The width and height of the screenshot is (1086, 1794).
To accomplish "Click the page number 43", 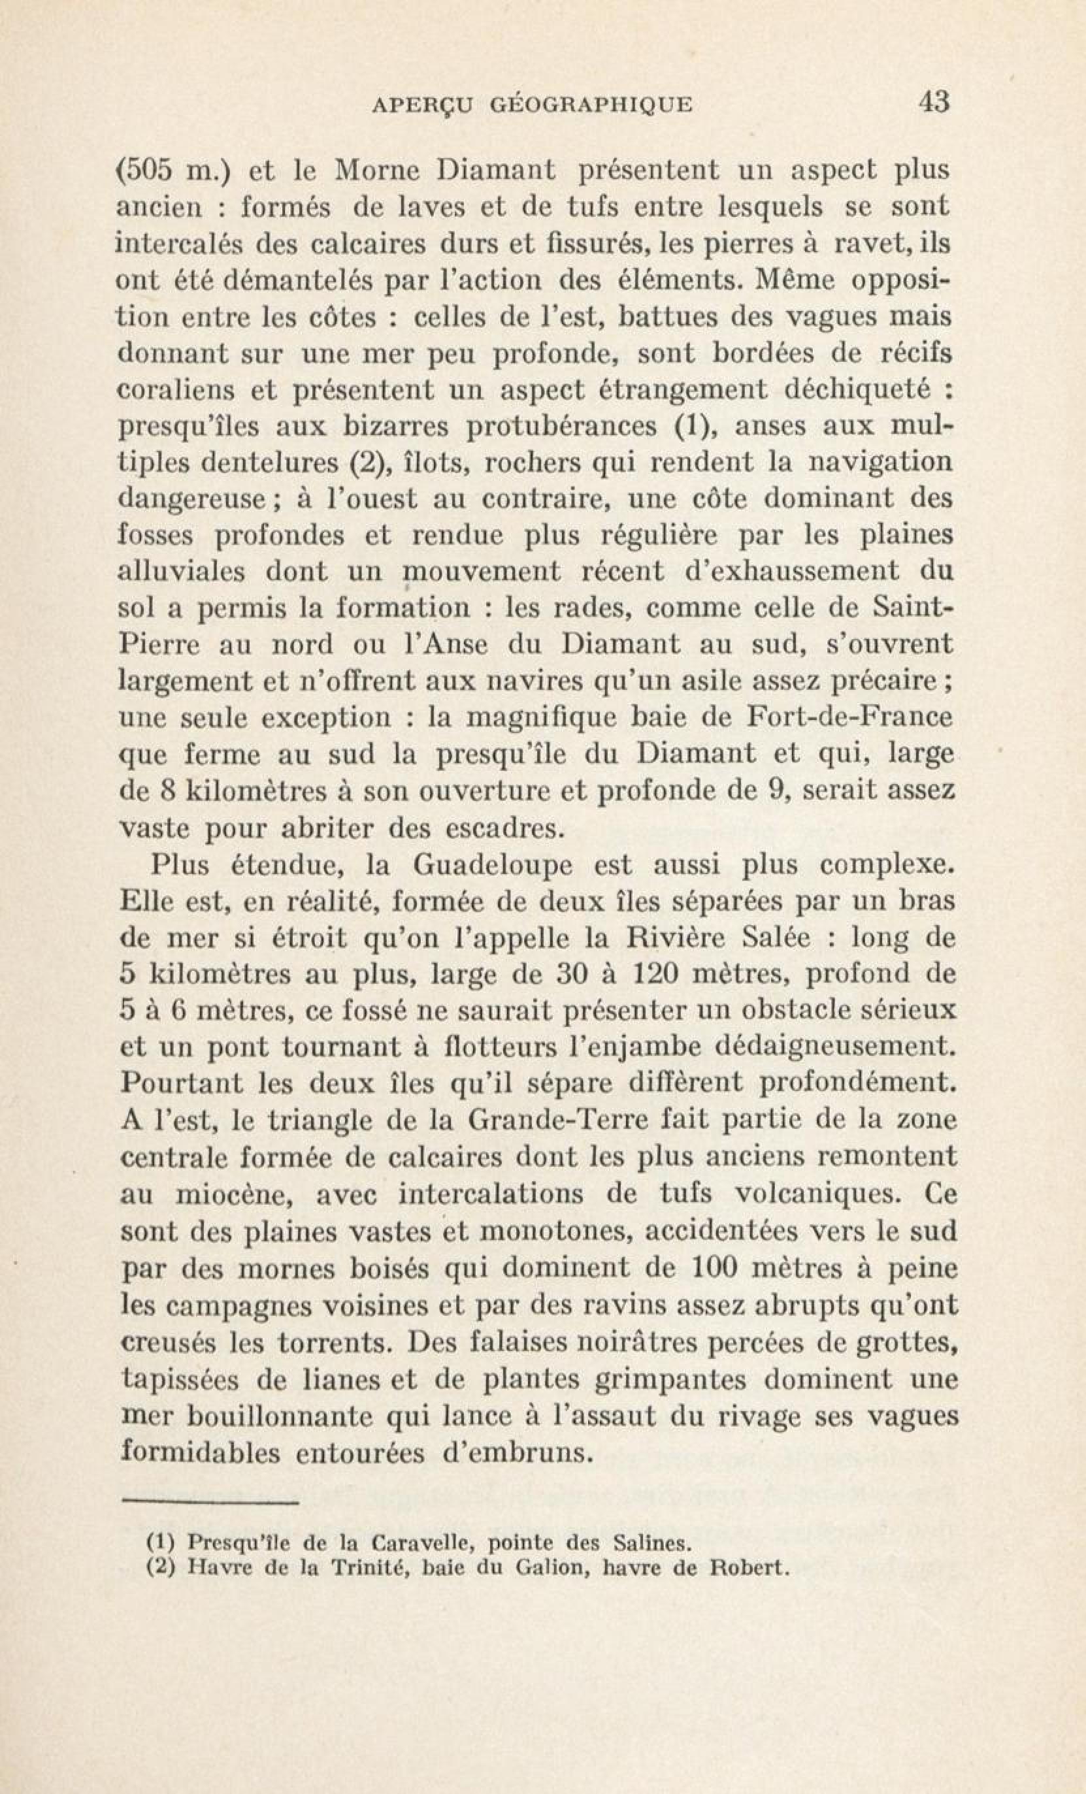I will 934,102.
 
